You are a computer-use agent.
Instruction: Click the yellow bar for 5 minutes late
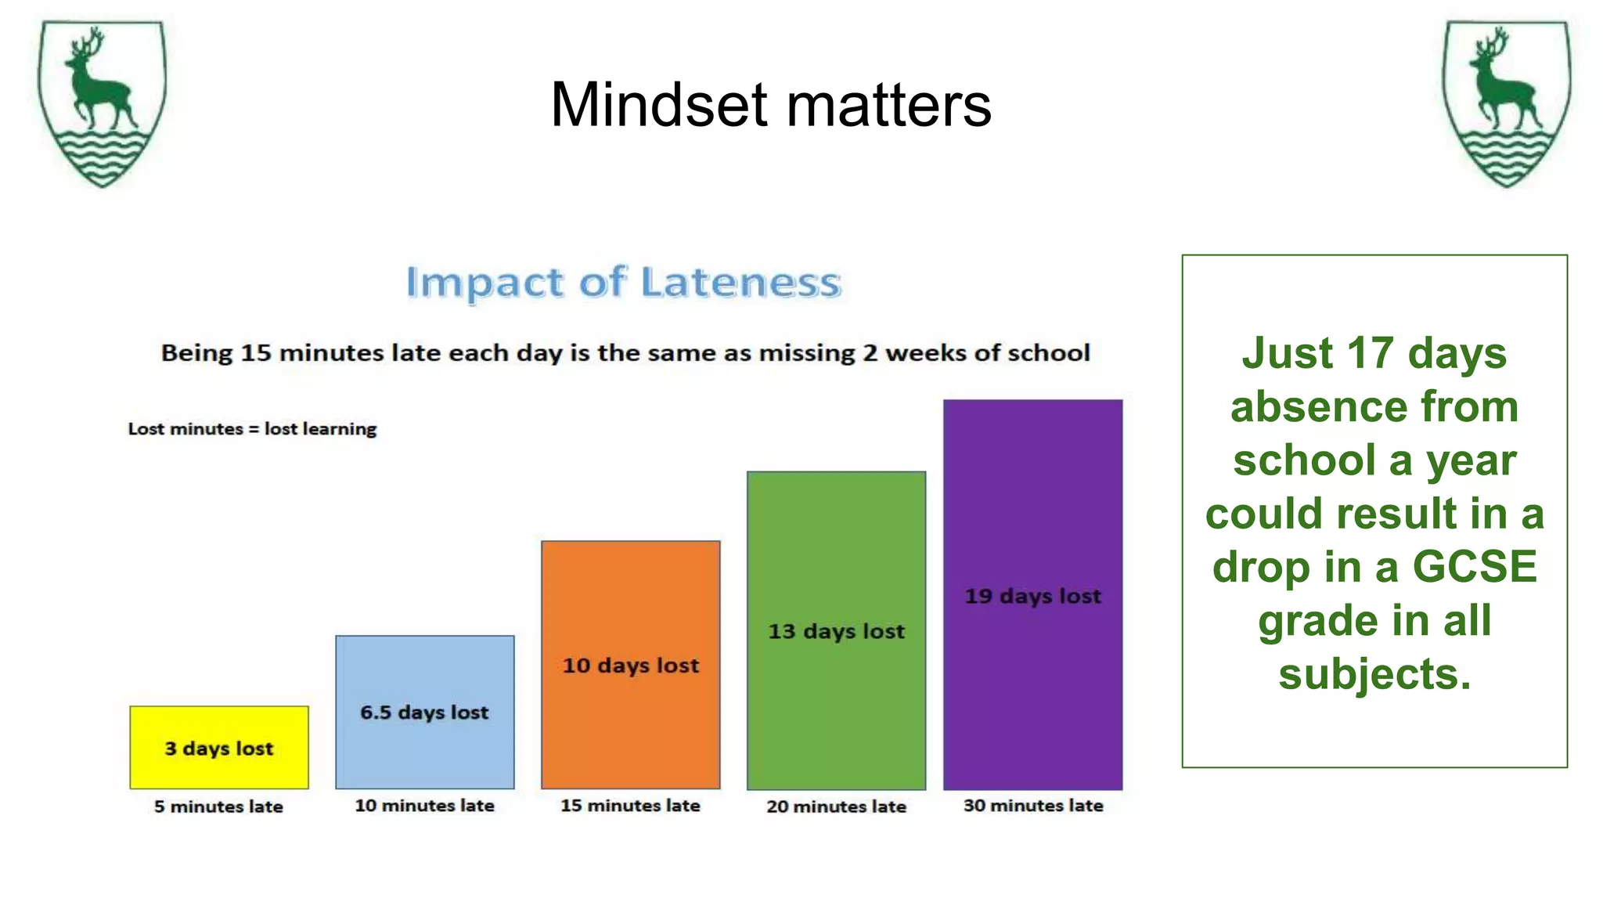pos(219,747)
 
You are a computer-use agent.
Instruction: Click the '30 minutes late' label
pos(1032,805)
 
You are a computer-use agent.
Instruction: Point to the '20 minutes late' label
pos(836,806)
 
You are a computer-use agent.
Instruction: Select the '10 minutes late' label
pos(424,805)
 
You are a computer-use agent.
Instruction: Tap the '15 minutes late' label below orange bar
pos(630,805)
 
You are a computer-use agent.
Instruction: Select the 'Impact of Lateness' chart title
pos(623,282)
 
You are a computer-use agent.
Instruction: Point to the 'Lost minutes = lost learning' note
pos(252,429)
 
